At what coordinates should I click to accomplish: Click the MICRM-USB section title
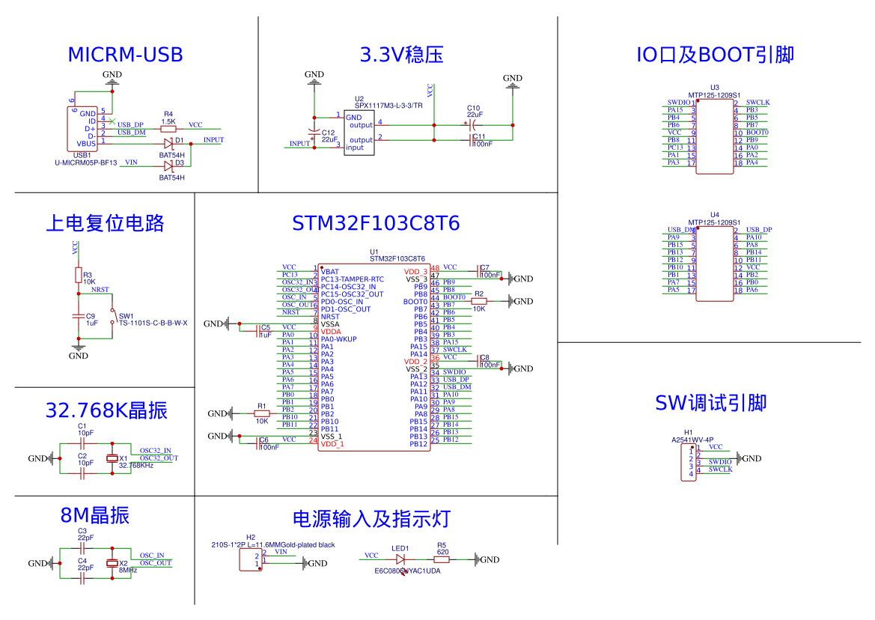[x=125, y=55]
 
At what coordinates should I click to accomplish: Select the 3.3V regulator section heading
[x=402, y=55]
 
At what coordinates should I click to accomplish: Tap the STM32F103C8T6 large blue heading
[x=376, y=224]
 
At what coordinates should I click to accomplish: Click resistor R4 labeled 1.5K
[x=169, y=129]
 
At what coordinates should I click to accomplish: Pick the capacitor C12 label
[x=328, y=132]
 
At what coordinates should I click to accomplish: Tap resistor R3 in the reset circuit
[x=78, y=275]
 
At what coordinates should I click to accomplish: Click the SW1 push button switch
[x=113, y=315]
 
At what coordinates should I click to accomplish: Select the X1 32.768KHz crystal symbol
[x=113, y=458]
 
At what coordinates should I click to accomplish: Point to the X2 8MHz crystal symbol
[x=113, y=563]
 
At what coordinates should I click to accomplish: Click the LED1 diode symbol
[x=400, y=559]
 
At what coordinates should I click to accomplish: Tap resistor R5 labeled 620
[x=442, y=559]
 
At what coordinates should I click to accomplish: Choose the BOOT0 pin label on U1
[x=415, y=302]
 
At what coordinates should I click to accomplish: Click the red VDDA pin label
[x=331, y=331]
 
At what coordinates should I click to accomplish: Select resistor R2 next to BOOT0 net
[x=479, y=301]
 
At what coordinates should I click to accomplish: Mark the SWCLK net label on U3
[x=757, y=103]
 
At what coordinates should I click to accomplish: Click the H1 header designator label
[x=689, y=433]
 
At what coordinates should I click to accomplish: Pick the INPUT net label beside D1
[x=213, y=140]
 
